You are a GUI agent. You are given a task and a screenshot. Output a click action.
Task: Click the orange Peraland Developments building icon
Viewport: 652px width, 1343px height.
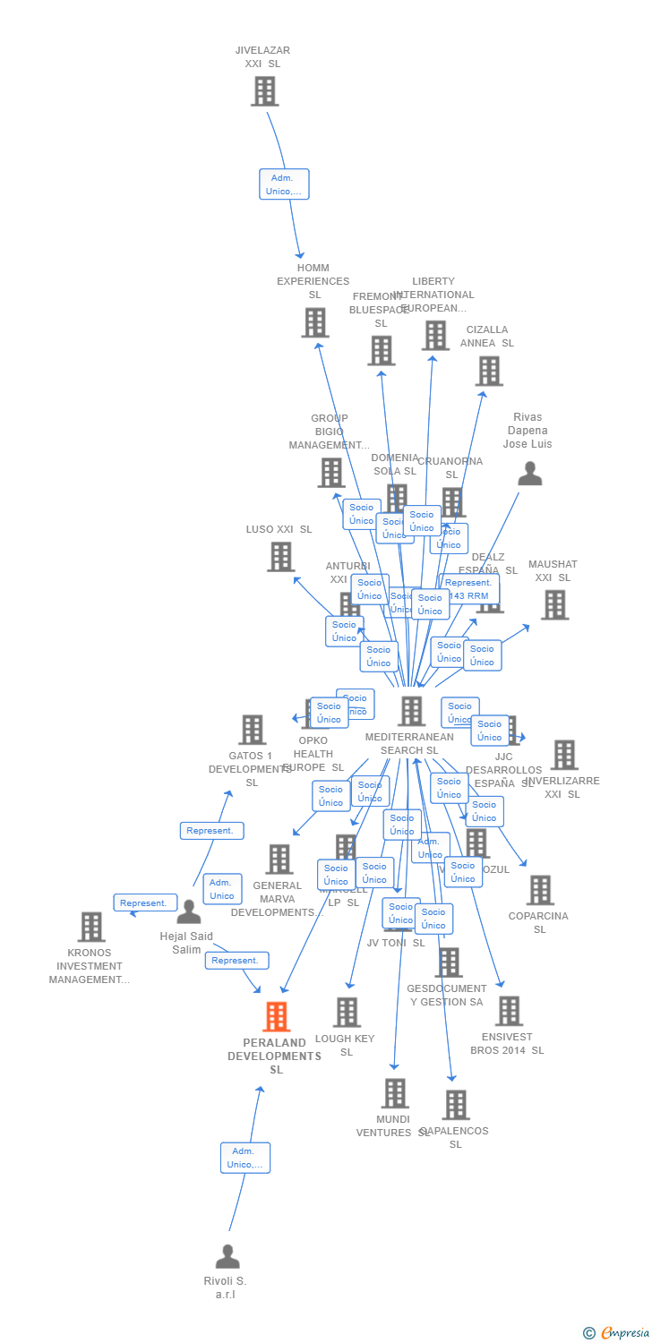click(276, 1017)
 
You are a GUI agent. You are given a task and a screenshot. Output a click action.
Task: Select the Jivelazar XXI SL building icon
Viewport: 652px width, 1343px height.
click(264, 91)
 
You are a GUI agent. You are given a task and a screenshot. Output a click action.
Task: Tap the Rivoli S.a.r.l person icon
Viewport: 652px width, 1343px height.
click(227, 1256)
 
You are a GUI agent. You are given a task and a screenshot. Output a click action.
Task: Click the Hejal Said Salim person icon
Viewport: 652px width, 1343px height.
click(189, 912)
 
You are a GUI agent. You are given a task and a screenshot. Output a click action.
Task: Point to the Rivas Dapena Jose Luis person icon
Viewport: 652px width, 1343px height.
click(530, 474)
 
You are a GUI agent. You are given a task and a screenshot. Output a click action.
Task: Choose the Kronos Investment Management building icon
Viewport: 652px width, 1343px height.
click(91, 928)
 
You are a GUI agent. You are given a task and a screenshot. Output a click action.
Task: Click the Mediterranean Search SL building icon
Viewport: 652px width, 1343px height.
click(411, 711)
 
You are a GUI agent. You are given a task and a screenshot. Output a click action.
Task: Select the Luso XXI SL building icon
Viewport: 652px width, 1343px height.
click(280, 557)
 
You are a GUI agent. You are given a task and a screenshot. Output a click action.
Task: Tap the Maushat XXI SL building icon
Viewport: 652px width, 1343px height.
click(554, 605)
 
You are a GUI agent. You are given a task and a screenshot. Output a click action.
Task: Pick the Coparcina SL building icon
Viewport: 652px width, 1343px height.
click(540, 890)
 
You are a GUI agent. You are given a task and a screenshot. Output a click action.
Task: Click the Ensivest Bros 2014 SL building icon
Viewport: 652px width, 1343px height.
click(508, 1011)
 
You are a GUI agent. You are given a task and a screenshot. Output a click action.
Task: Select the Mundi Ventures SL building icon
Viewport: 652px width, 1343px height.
click(395, 1093)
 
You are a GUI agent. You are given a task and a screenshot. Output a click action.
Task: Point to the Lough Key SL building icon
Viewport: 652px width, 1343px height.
click(347, 1013)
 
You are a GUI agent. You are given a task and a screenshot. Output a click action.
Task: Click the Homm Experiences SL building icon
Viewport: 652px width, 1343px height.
click(314, 322)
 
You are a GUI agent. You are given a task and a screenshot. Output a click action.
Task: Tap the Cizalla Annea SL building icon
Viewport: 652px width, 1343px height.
click(488, 371)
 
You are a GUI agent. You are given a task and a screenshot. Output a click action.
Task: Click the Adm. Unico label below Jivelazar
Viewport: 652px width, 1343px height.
click(284, 184)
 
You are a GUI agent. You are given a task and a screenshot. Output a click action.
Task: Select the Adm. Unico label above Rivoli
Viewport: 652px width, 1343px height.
click(245, 1158)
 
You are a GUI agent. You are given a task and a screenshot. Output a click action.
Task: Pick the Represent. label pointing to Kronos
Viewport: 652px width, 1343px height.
click(143, 902)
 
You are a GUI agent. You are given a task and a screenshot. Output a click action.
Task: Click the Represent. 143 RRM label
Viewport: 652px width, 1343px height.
click(469, 589)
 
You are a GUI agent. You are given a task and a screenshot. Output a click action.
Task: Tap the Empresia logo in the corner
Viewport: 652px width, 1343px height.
click(616, 1333)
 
